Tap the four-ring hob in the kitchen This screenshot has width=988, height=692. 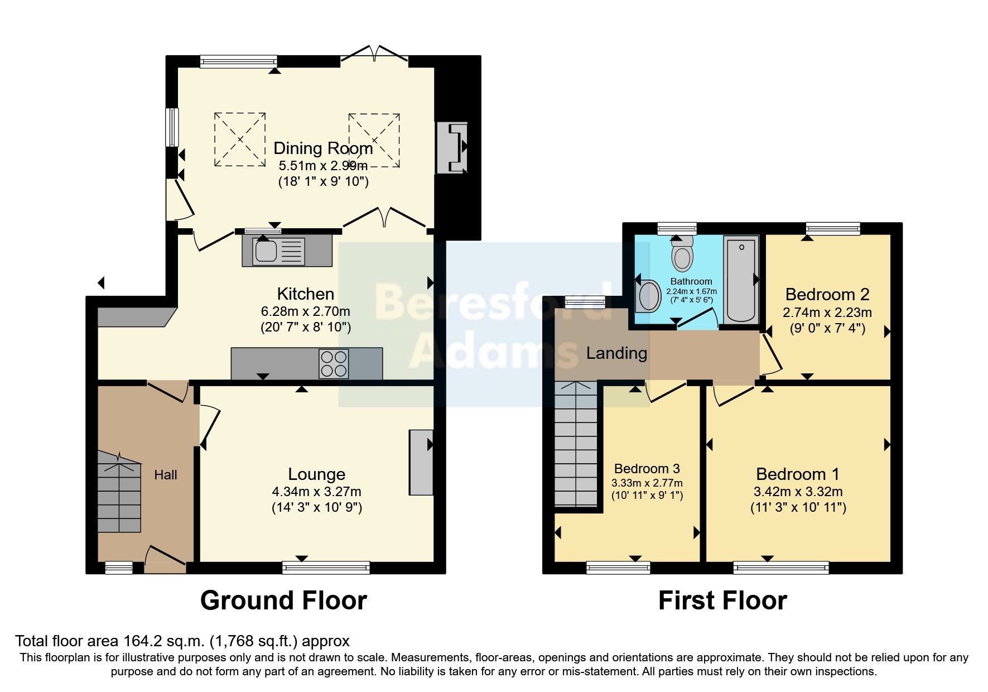(x=334, y=364)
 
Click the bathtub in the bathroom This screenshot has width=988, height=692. (x=741, y=279)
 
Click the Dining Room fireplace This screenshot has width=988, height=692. (x=452, y=148)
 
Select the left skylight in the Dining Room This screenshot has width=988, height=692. (x=240, y=140)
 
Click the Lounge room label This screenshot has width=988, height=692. (x=316, y=474)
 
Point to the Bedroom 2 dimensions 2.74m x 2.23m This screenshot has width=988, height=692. (x=827, y=313)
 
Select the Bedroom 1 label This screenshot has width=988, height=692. (x=797, y=474)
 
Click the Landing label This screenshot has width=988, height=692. (x=616, y=353)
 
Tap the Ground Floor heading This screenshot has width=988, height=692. (x=283, y=600)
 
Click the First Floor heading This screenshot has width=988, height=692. (x=722, y=600)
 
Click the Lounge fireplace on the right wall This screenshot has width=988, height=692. (x=421, y=462)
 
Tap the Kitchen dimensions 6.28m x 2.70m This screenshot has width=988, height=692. (x=305, y=311)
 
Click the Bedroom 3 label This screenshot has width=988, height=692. (x=647, y=468)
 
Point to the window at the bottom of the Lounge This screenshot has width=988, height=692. (x=326, y=568)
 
